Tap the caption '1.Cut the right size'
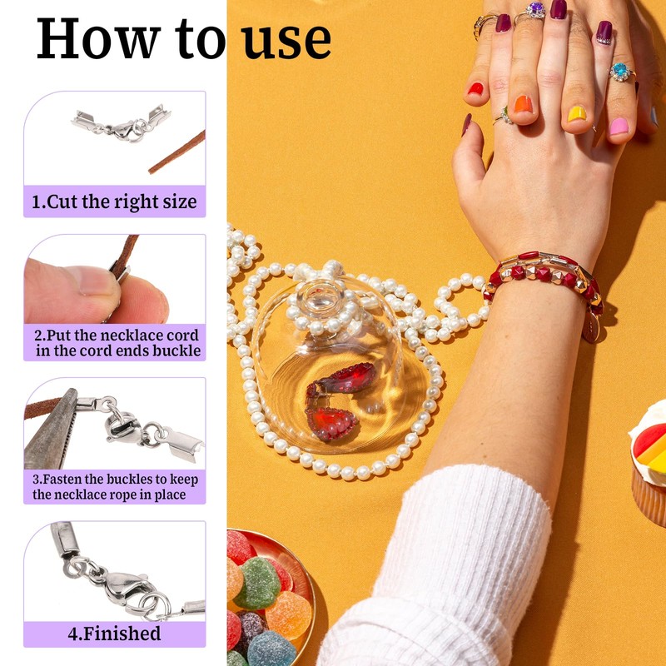(x=114, y=201)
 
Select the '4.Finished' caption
(x=114, y=634)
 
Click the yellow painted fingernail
(x=577, y=113)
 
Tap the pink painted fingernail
(x=619, y=127)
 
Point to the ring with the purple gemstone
(x=535, y=11)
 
